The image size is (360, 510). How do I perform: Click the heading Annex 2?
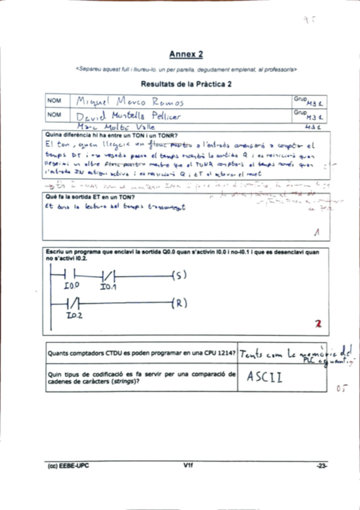pyautogui.click(x=186, y=54)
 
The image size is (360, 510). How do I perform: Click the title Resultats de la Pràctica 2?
pyautogui.click(x=186, y=84)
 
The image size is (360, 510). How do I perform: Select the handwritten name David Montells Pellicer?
pyautogui.click(x=129, y=115)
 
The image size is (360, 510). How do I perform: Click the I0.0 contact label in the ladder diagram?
pyautogui.click(x=72, y=287)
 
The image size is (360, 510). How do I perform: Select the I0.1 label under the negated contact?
pyautogui.click(x=107, y=287)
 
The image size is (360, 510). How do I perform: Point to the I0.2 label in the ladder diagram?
pyautogui.click(x=75, y=315)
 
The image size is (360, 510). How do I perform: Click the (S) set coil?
pyautogui.click(x=179, y=275)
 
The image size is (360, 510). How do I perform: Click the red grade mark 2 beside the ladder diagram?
pyautogui.click(x=318, y=324)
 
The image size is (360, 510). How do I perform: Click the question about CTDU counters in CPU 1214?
pyautogui.click(x=141, y=353)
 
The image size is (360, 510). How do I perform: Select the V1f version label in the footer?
pyautogui.click(x=188, y=465)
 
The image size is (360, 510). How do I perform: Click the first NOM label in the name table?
pyautogui.click(x=54, y=100)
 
